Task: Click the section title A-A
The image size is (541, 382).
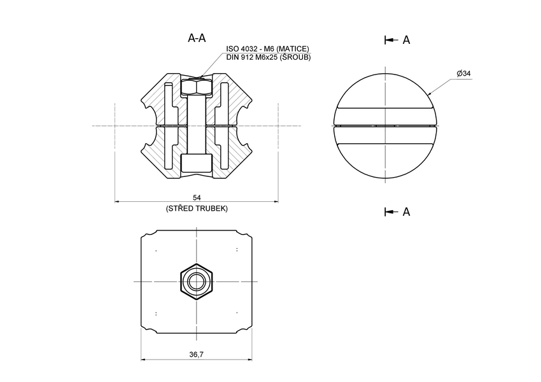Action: pyautogui.click(x=197, y=38)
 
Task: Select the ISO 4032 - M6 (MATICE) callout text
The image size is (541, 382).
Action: pyautogui.click(x=268, y=49)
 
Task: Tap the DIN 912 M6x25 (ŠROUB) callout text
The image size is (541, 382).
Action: pyautogui.click(x=268, y=57)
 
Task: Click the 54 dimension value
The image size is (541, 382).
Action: pyautogui.click(x=196, y=197)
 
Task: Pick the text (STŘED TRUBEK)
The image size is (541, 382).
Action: pyautogui.click(x=196, y=208)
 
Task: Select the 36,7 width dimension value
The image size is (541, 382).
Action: pyautogui.click(x=196, y=354)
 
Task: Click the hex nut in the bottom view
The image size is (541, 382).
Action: pyautogui.click(x=196, y=281)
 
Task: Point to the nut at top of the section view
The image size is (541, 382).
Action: pyautogui.click(x=196, y=87)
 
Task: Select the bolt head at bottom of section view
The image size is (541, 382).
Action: pyautogui.click(x=196, y=164)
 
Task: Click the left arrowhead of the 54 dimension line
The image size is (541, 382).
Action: pyautogui.click(x=118, y=202)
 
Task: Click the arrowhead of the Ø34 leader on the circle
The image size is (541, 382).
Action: pyautogui.click(x=430, y=94)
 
